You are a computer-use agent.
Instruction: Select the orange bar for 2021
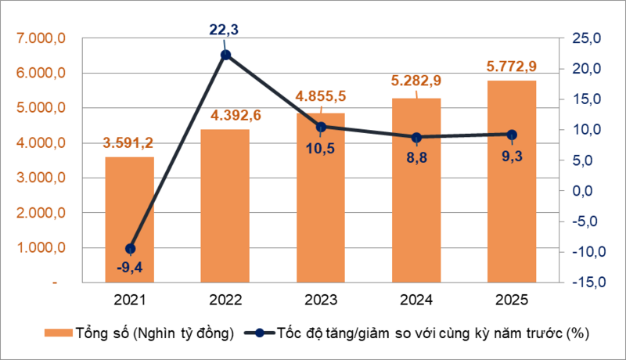click(130, 219)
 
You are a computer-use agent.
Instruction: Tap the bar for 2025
click(512, 180)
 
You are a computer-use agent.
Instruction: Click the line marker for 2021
click(130, 249)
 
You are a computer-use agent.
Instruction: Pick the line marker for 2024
click(416, 137)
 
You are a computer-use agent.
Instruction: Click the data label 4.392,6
click(225, 116)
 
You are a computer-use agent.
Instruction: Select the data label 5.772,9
click(512, 67)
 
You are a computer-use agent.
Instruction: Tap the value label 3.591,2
click(130, 143)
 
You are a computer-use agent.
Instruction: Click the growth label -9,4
click(130, 269)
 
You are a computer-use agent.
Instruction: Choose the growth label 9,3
click(512, 156)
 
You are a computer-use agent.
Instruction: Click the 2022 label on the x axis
click(225, 300)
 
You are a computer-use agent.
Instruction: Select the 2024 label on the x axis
click(416, 300)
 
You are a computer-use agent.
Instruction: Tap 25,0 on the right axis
click(582, 38)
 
